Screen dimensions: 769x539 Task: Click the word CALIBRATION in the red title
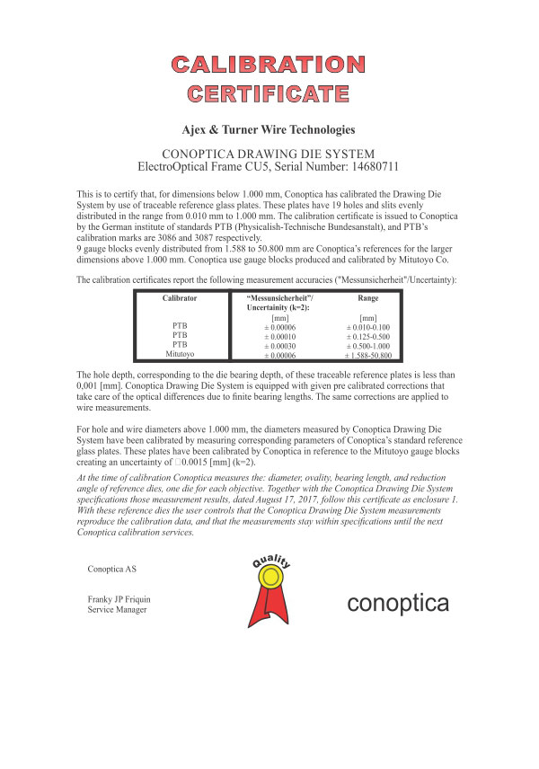[269, 64]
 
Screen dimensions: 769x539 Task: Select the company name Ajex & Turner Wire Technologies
[269, 130]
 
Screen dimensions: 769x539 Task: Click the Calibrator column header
[179, 296]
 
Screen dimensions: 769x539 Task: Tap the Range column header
[368, 296]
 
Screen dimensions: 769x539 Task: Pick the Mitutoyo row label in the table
[179, 356]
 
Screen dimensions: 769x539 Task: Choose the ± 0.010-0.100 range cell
[368, 326]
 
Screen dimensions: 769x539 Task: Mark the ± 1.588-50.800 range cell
[368, 356]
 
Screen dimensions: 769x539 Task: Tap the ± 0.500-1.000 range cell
[368, 346]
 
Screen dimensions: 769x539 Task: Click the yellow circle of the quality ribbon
[269, 594]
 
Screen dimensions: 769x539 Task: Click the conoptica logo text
[398, 604]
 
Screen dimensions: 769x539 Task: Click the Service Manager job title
[117, 610]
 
